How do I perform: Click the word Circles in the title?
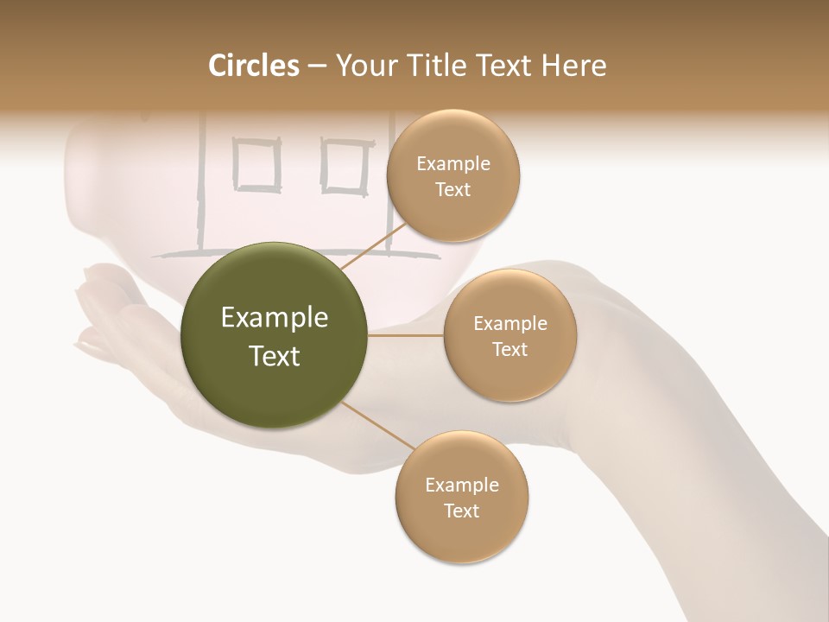point(253,66)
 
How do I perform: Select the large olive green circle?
point(275,335)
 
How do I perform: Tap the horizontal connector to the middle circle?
point(406,335)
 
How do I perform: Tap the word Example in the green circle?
point(275,318)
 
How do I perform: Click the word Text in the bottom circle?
point(461,511)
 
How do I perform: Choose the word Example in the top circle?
point(452,164)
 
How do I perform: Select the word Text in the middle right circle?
point(509,349)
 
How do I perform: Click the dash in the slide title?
point(316,67)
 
